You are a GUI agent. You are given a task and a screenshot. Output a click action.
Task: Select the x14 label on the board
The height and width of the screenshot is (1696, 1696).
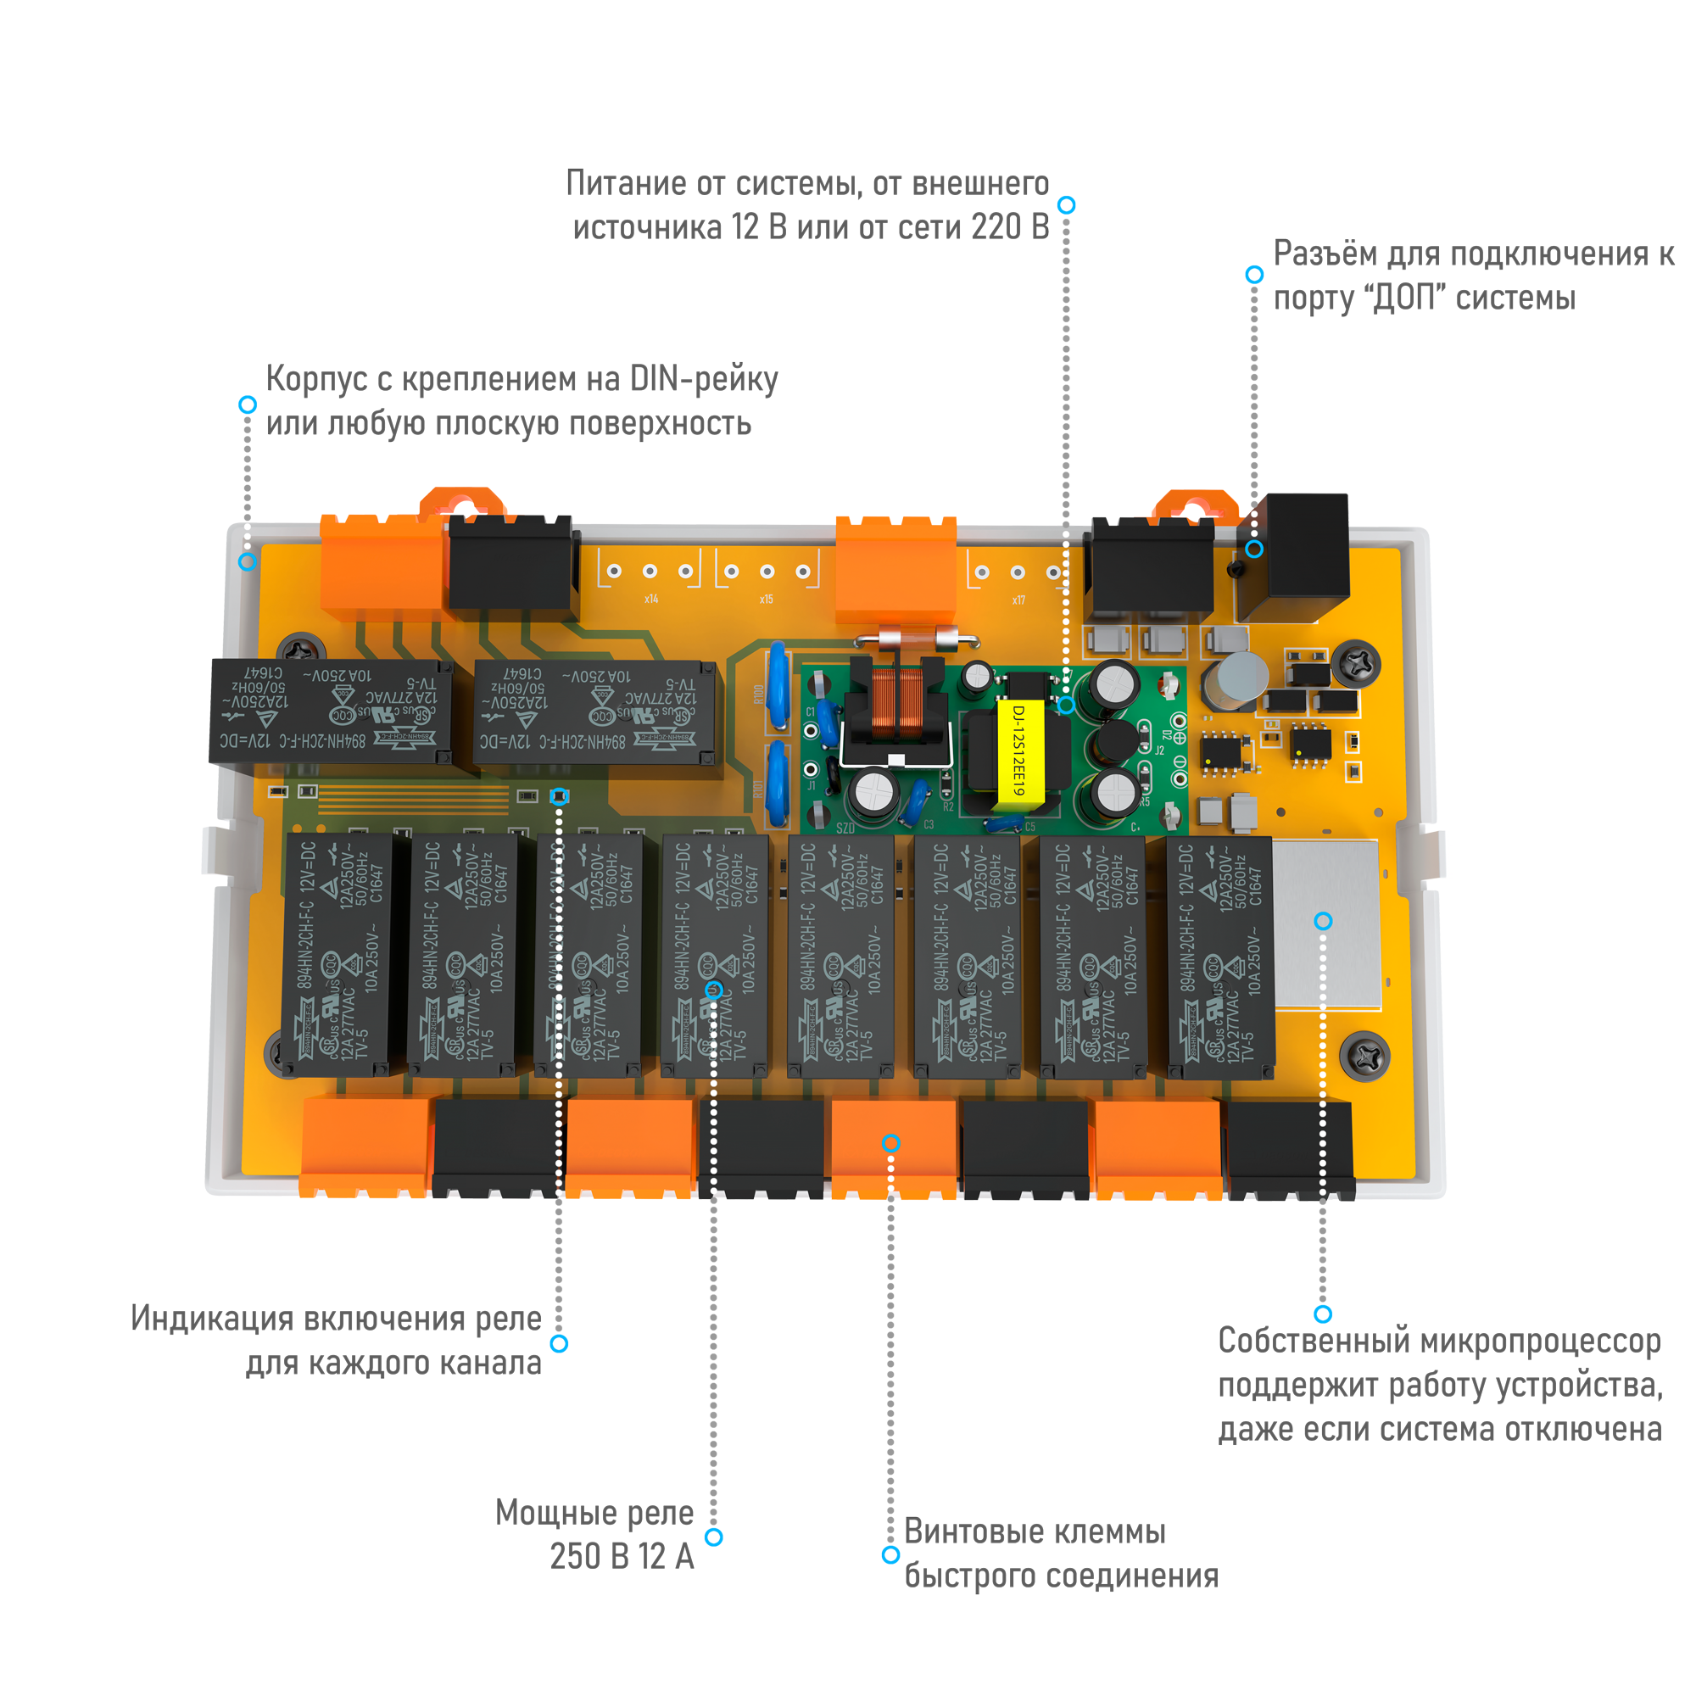pyautogui.click(x=650, y=600)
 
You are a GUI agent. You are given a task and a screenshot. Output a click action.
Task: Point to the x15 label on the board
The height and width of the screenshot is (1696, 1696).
pyautogui.click(x=767, y=600)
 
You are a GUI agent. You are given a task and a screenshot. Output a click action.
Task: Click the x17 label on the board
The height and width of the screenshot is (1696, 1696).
pyautogui.click(x=1018, y=600)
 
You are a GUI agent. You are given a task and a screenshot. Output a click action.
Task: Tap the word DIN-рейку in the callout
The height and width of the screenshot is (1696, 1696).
pyautogui.click(x=703, y=379)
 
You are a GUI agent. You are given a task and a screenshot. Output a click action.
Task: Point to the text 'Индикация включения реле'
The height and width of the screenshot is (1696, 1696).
pyautogui.click(x=338, y=1319)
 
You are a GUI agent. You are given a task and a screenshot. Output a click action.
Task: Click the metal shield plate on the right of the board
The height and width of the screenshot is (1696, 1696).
pyautogui.click(x=1325, y=922)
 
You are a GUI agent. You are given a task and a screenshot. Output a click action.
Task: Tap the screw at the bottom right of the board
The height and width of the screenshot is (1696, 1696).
pyautogui.click(x=1364, y=1056)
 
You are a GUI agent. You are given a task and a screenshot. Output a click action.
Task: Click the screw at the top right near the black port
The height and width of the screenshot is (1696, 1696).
pyautogui.click(x=1356, y=663)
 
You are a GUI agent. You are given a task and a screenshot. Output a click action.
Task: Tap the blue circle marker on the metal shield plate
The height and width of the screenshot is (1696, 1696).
pyautogui.click(x=1323, y=921)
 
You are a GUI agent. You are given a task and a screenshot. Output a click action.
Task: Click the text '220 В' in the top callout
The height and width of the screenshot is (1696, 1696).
pyautogui.click(x=1009, y=227)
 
